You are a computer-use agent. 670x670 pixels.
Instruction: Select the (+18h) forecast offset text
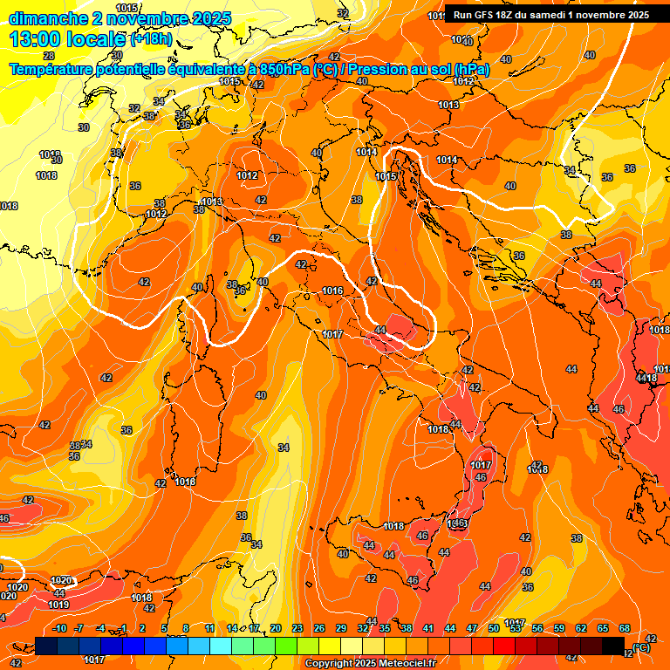pos(150,40)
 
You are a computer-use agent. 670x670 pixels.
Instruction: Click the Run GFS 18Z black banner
pos(550,15)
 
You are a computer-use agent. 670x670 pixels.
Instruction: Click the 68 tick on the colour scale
pos(624,628)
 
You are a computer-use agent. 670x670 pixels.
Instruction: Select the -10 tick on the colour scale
pos(59,628)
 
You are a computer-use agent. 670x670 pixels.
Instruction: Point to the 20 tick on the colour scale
pos(275,628)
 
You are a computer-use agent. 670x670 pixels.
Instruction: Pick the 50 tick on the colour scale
pos(494,628)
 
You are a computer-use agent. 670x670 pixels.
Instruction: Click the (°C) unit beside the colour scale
pos(640,647)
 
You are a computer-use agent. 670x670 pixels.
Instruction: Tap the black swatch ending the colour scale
pos(613,646)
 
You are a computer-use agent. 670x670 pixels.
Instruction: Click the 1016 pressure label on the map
pos(332,291)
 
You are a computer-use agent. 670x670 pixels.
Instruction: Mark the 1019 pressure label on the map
pos(59,605)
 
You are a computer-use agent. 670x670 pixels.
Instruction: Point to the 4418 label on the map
pos(647,378)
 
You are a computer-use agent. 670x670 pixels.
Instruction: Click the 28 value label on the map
pos(49,56)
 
